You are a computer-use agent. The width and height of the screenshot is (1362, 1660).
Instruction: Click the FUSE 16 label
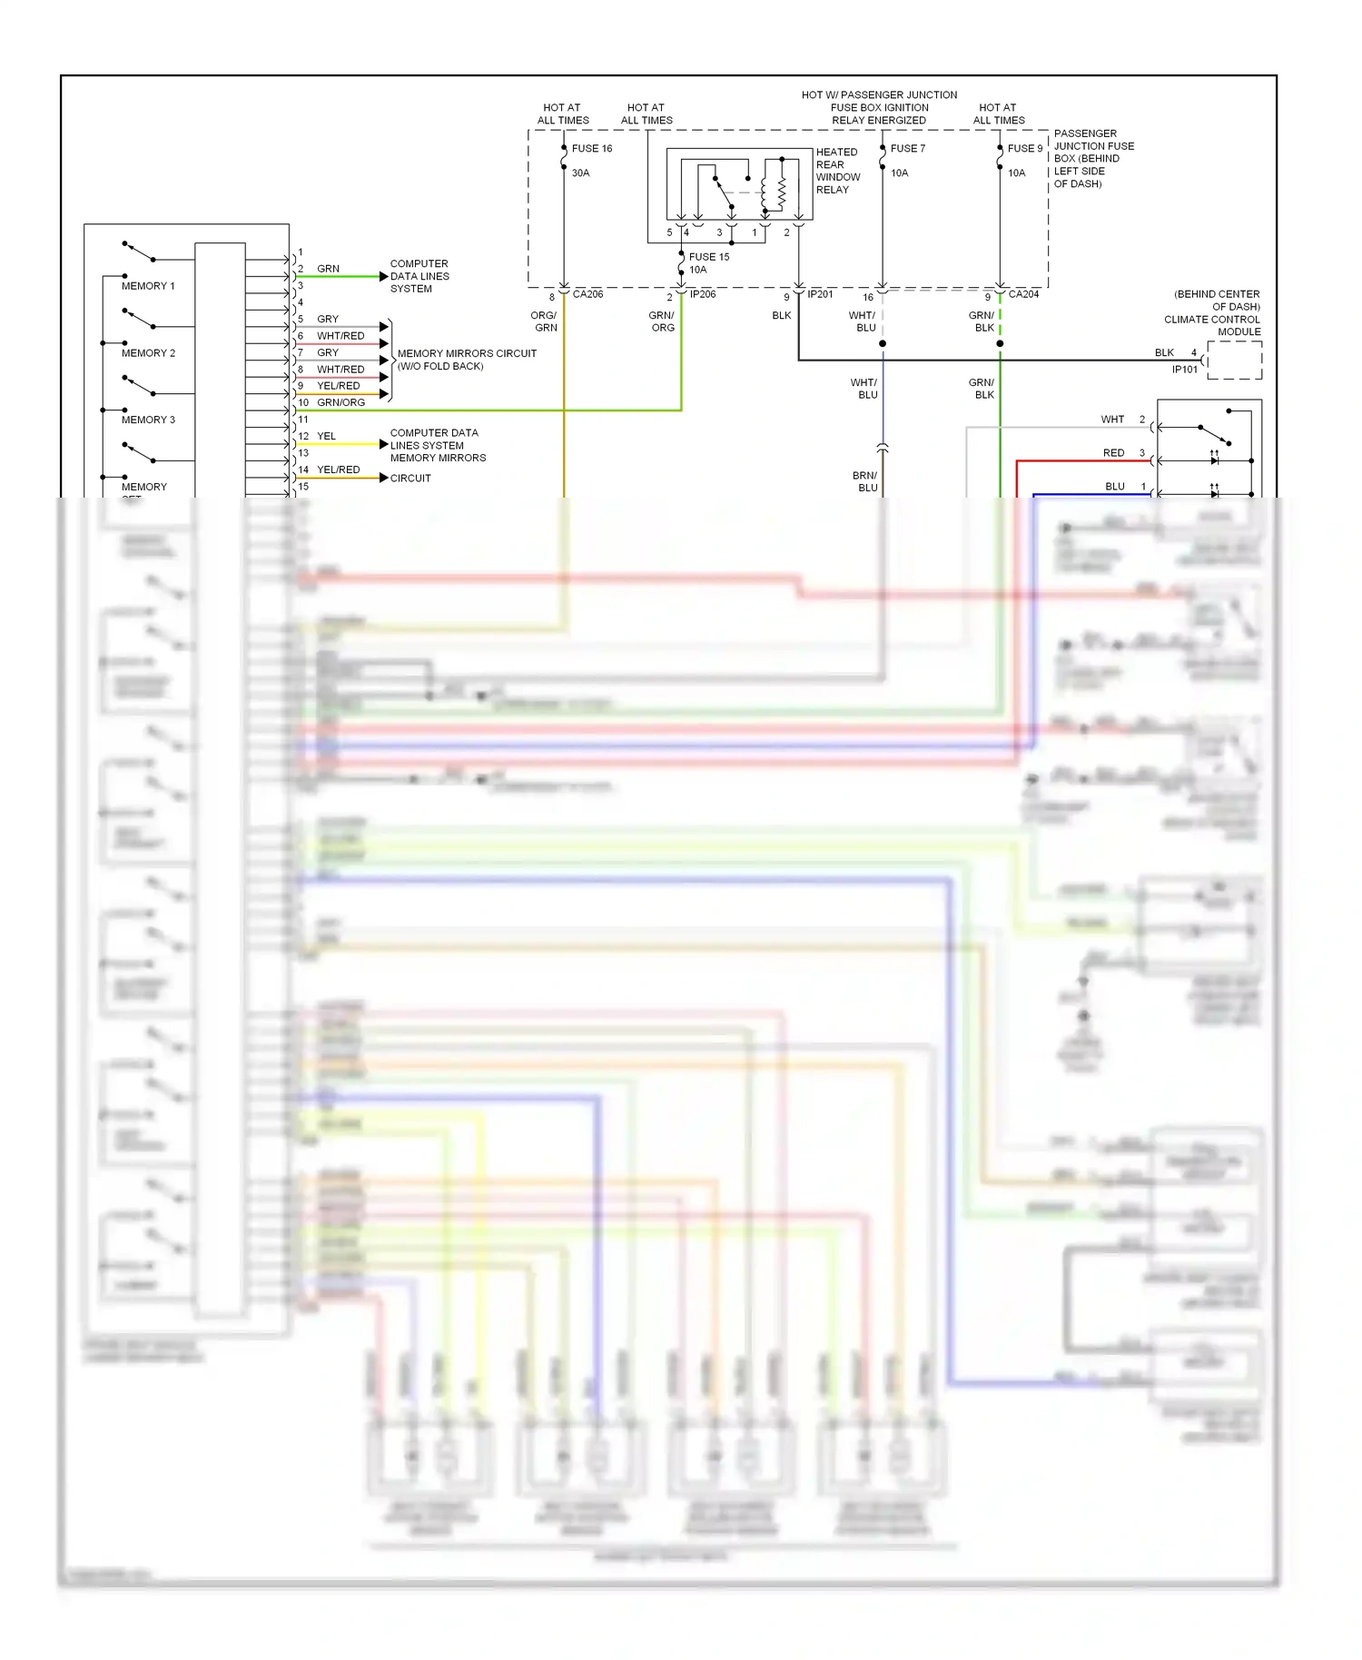click(592, 148)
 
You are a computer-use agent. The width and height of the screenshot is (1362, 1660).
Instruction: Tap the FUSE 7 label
click(907, 148)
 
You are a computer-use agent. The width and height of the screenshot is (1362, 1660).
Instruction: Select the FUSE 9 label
click(1024, 148)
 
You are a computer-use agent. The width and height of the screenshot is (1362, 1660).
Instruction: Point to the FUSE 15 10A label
click(708, 263)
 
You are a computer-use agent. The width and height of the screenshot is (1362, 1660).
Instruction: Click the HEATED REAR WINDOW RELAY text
click(836, 171)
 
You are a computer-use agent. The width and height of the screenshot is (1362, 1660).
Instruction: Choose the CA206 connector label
click(587, 294)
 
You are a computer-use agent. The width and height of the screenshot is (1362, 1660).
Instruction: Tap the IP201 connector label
click(820, 294)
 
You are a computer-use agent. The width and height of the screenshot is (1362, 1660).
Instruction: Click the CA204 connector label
click(1023, 294)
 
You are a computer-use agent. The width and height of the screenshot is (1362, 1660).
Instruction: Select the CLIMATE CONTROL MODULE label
click(1212, 325)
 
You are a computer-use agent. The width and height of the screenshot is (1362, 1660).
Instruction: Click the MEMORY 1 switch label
click(148, 286)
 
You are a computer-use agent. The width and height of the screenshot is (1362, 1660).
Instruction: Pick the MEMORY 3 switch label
click(148, 420)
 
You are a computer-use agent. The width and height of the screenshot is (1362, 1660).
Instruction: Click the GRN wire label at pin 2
click(328, 269)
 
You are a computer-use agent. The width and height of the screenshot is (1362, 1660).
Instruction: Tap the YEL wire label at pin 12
click(326, 436)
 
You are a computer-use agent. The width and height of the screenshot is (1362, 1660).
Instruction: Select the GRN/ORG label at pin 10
click(340, 402)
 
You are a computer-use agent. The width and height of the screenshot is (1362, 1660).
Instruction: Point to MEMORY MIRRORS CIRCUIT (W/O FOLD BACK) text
click(467, 360)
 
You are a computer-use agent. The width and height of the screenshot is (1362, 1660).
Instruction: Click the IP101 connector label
click(1184, 370)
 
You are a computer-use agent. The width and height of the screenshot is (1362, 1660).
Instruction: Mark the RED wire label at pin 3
click(1113, 453)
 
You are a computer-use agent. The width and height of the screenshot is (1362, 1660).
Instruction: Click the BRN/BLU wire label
click(865, 481)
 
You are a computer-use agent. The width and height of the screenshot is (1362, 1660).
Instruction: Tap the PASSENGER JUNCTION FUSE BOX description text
click(1092, 158)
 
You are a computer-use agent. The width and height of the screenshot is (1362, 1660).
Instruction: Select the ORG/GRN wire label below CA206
click(544, 321)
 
